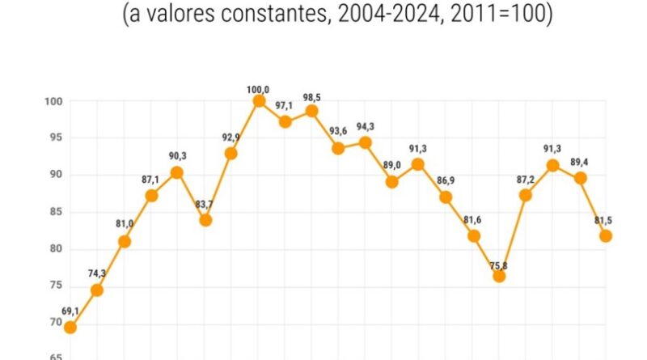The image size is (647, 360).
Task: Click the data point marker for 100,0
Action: coord(259,101)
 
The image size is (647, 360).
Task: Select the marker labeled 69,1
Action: coord(70,327)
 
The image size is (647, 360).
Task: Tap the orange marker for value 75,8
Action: coord(499,276)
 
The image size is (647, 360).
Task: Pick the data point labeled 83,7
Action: coord(205,219)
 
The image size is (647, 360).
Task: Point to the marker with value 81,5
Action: coord(606,235)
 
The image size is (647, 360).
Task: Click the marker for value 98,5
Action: coord(311,111)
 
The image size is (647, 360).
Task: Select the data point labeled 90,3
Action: coord(177,172)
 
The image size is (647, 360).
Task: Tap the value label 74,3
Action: coord(96,273)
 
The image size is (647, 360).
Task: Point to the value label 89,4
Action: coord(580,162)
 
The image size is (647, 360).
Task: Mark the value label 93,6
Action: coord(338,132)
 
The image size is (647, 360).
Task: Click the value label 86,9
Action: coord(446,180)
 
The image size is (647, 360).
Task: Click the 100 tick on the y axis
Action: coord(55,101)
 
